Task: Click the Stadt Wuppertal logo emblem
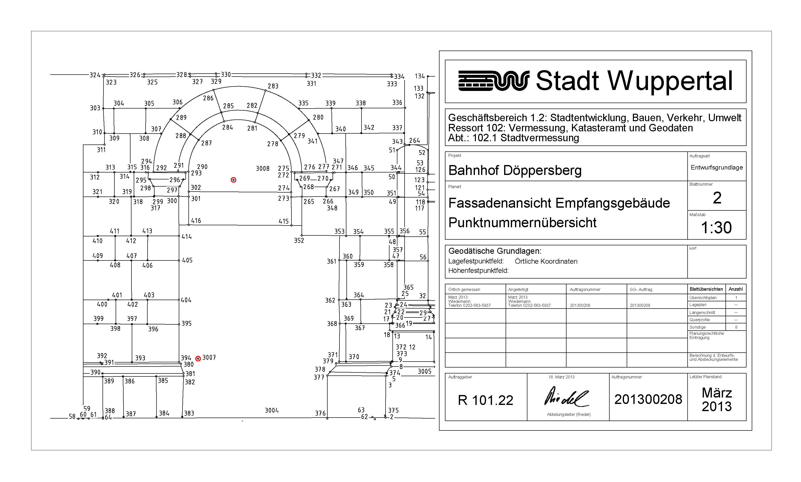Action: click(x=493, y=81)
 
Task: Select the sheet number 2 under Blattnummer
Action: click(x=717, y=198)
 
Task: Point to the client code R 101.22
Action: click(x=485, y=400)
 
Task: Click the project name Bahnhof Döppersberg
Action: click(x=515, y=170)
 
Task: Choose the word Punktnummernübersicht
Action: click(x=522, y=223)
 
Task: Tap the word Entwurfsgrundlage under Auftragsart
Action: click(x=717, y=168)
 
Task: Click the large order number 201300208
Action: click(x=648, y=399)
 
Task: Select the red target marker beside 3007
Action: click(x=198, y=359)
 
